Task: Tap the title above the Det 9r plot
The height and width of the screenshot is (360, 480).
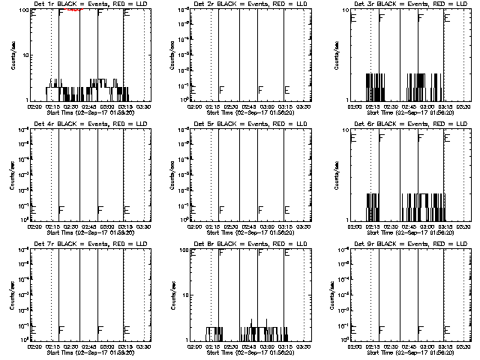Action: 403,244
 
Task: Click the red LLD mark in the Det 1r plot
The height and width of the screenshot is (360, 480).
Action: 75,10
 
